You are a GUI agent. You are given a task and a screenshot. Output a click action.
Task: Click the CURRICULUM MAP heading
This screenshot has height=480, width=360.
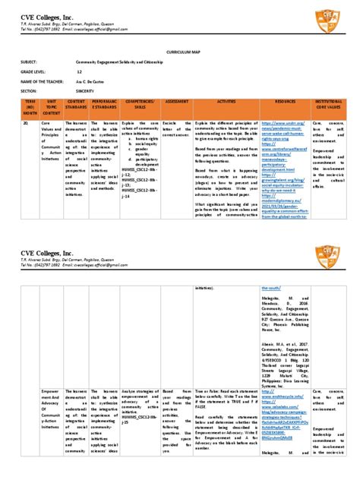click(x=179, y=55)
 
